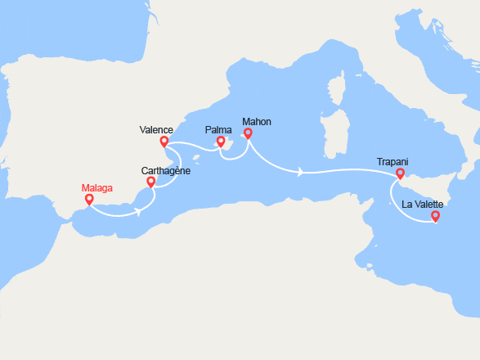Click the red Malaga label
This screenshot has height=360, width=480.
96,187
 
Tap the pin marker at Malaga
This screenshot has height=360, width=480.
89,199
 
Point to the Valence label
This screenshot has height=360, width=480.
155,129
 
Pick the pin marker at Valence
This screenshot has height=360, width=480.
164,141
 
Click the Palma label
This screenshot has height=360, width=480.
218,129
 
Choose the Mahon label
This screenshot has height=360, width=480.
257,122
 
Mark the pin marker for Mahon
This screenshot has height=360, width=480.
248,133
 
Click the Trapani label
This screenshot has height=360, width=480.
393,162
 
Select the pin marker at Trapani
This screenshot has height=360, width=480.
400,173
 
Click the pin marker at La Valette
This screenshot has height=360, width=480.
435,216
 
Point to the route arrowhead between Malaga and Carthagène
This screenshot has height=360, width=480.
137,211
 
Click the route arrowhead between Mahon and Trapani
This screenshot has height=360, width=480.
301,172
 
